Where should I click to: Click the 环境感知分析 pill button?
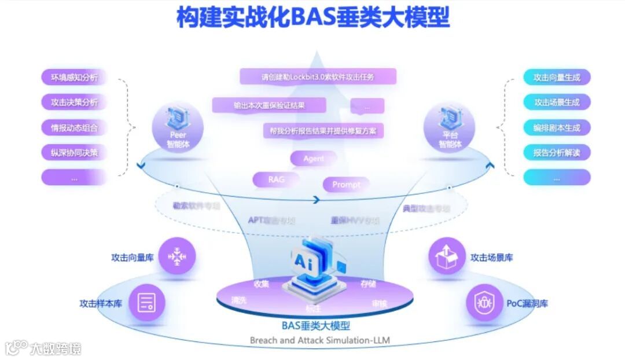75,77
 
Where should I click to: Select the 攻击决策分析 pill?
75,102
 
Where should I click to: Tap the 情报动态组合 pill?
75,127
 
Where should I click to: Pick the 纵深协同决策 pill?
75,153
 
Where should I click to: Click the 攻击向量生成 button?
557,77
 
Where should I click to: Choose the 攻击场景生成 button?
557,102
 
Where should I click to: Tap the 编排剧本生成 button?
557,127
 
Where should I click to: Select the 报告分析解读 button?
557,153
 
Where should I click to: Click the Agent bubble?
314,159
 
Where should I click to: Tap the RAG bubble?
277,179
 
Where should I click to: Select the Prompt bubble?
346,185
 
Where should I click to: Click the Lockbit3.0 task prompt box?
318,76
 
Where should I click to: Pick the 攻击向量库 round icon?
177,256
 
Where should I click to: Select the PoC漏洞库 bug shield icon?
484,303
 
